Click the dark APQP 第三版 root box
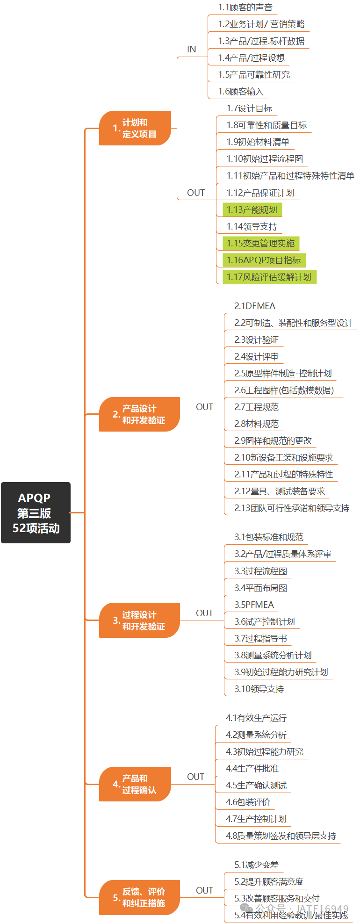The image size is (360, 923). pyautogui.click(x=36, y=512)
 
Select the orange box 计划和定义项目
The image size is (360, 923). pyautogui.click(x=135, y=128)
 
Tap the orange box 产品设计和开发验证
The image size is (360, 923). pyautogui.click(x=139, y=414)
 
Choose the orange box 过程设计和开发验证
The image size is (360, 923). pyautogui.click(x=139, y=620)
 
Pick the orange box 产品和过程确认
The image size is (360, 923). pyautogui.click(x=135, y=784)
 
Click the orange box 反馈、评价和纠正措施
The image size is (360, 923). pyautogui.click(x=139, y=897)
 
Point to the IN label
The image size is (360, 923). pyautogui.click(x=192, y=50)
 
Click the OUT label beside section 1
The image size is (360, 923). pyautogui.click(x=196, y=193)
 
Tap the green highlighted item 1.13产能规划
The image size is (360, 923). pyautogui.click(x=252, y=210)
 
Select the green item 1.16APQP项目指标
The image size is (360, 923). pyautogui.click(x=264, y=260)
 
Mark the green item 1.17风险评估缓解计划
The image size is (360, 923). pyautogui.click(x=269, y=277)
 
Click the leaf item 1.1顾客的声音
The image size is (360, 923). pyautogui.click(x=245, y=7)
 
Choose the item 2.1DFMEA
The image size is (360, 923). pyautogui.click(x=255, y=306)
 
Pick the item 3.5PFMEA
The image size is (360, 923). pyautogui.click(x=254, y=605)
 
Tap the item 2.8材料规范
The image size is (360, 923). pyautogui.click(x=257, y=424)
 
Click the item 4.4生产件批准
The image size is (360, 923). pyautogui.click(x=252, y=769)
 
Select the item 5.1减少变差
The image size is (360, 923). pyautogui.click(x=257, y=865)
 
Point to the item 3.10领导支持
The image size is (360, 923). pyautogui.click(x=259, y=689)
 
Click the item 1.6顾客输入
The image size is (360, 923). pyautogui.click(x=241, y=92)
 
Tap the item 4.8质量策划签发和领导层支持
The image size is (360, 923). pyautogui.click(x=281, y=836)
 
